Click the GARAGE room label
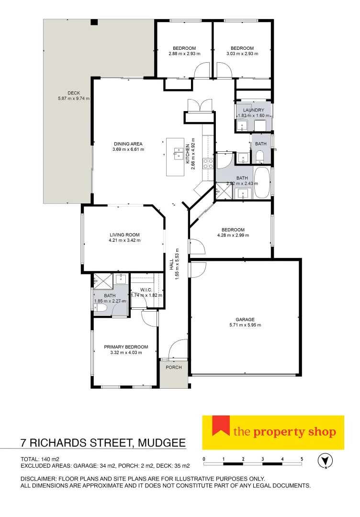[x=245, y=319]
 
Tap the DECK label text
[x=73, y=93]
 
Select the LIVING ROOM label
[x=124, y=235]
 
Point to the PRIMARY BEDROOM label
[x=126, y=347]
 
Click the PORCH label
[x=174, y=368]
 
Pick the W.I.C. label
[x=146, y=289]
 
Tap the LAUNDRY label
[x=253, y=110]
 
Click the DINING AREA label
[x=128, y=144]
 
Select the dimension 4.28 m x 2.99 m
[x=233, y=236]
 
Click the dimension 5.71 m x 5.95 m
[x=245, y=325]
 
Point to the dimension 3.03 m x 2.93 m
[x=242, y=54]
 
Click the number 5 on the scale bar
[x=302, y=459]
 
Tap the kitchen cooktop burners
[x=208, y=164]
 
